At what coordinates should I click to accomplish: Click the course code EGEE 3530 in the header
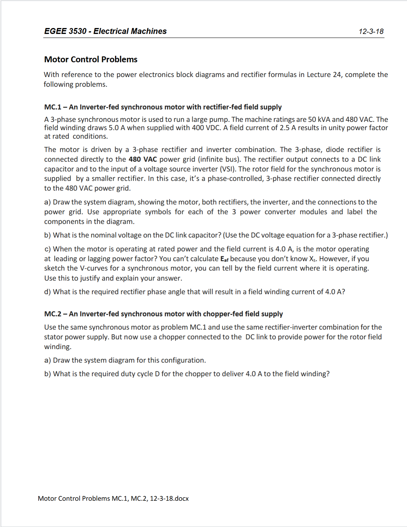pyautogui.click(x=65, y=31)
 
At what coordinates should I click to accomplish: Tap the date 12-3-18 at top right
pyautogui.click(x=371, y=32)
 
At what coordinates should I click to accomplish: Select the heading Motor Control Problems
pyautogui.click(x=90, y=60)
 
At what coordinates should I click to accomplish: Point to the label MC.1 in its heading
pyautogui.click(x=52, y=107)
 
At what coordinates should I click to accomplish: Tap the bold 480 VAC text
pyautogui.click(x=143, y=159)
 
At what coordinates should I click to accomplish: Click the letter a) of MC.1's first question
pyautogui.click(x=47, y=202)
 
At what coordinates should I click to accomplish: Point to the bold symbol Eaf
pyautogui.click(x=224, y=259)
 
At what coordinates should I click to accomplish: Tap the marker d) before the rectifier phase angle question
pyautogui.click(x=47, y=292)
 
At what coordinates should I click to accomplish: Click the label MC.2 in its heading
pyautogui.click(x=52, y=314)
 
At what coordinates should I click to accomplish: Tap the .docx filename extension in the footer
pyautogui.click(x=181, y=499)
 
